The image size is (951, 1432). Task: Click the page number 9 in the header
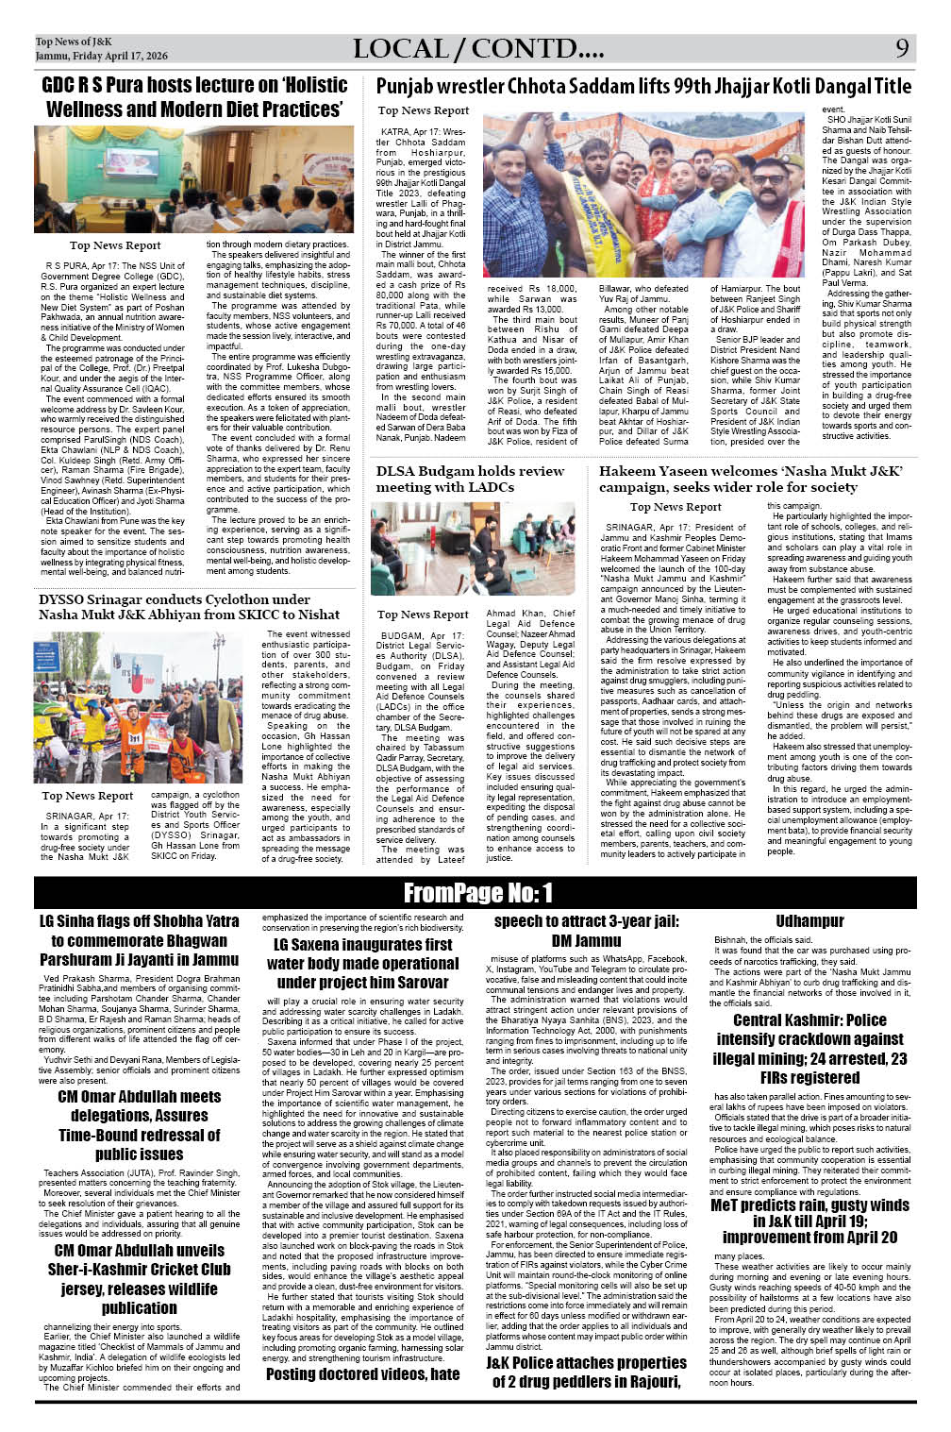pos(902,48)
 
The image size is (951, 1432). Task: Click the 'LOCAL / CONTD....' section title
pos(478,49)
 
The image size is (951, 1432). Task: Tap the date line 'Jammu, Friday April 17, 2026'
pos(101,56)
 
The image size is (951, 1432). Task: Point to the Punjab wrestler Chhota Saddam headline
pos(643,87)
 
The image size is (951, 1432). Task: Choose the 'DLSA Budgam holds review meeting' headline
pos(470,479)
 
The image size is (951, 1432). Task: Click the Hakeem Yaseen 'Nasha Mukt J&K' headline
pos(751,479)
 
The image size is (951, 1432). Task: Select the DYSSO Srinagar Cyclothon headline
pos(189,606)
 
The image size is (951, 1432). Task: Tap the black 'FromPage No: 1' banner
pos(477,892)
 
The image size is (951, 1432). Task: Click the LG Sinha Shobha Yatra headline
pos(139,940)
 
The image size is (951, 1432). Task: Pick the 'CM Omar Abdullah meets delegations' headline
pos(139,1124)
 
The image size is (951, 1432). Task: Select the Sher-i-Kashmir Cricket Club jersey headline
pos(139,1279)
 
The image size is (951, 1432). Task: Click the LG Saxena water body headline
pos(362,963)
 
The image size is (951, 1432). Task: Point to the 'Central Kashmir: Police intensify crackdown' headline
pos(810,1048)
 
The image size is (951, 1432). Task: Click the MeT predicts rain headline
pos(809,1221)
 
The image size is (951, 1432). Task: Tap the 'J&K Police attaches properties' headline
pos(586,1372)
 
